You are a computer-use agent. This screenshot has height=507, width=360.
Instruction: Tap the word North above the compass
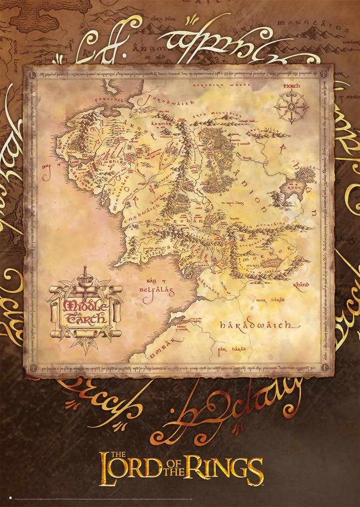pyautogui.click(x=292, y=86)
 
